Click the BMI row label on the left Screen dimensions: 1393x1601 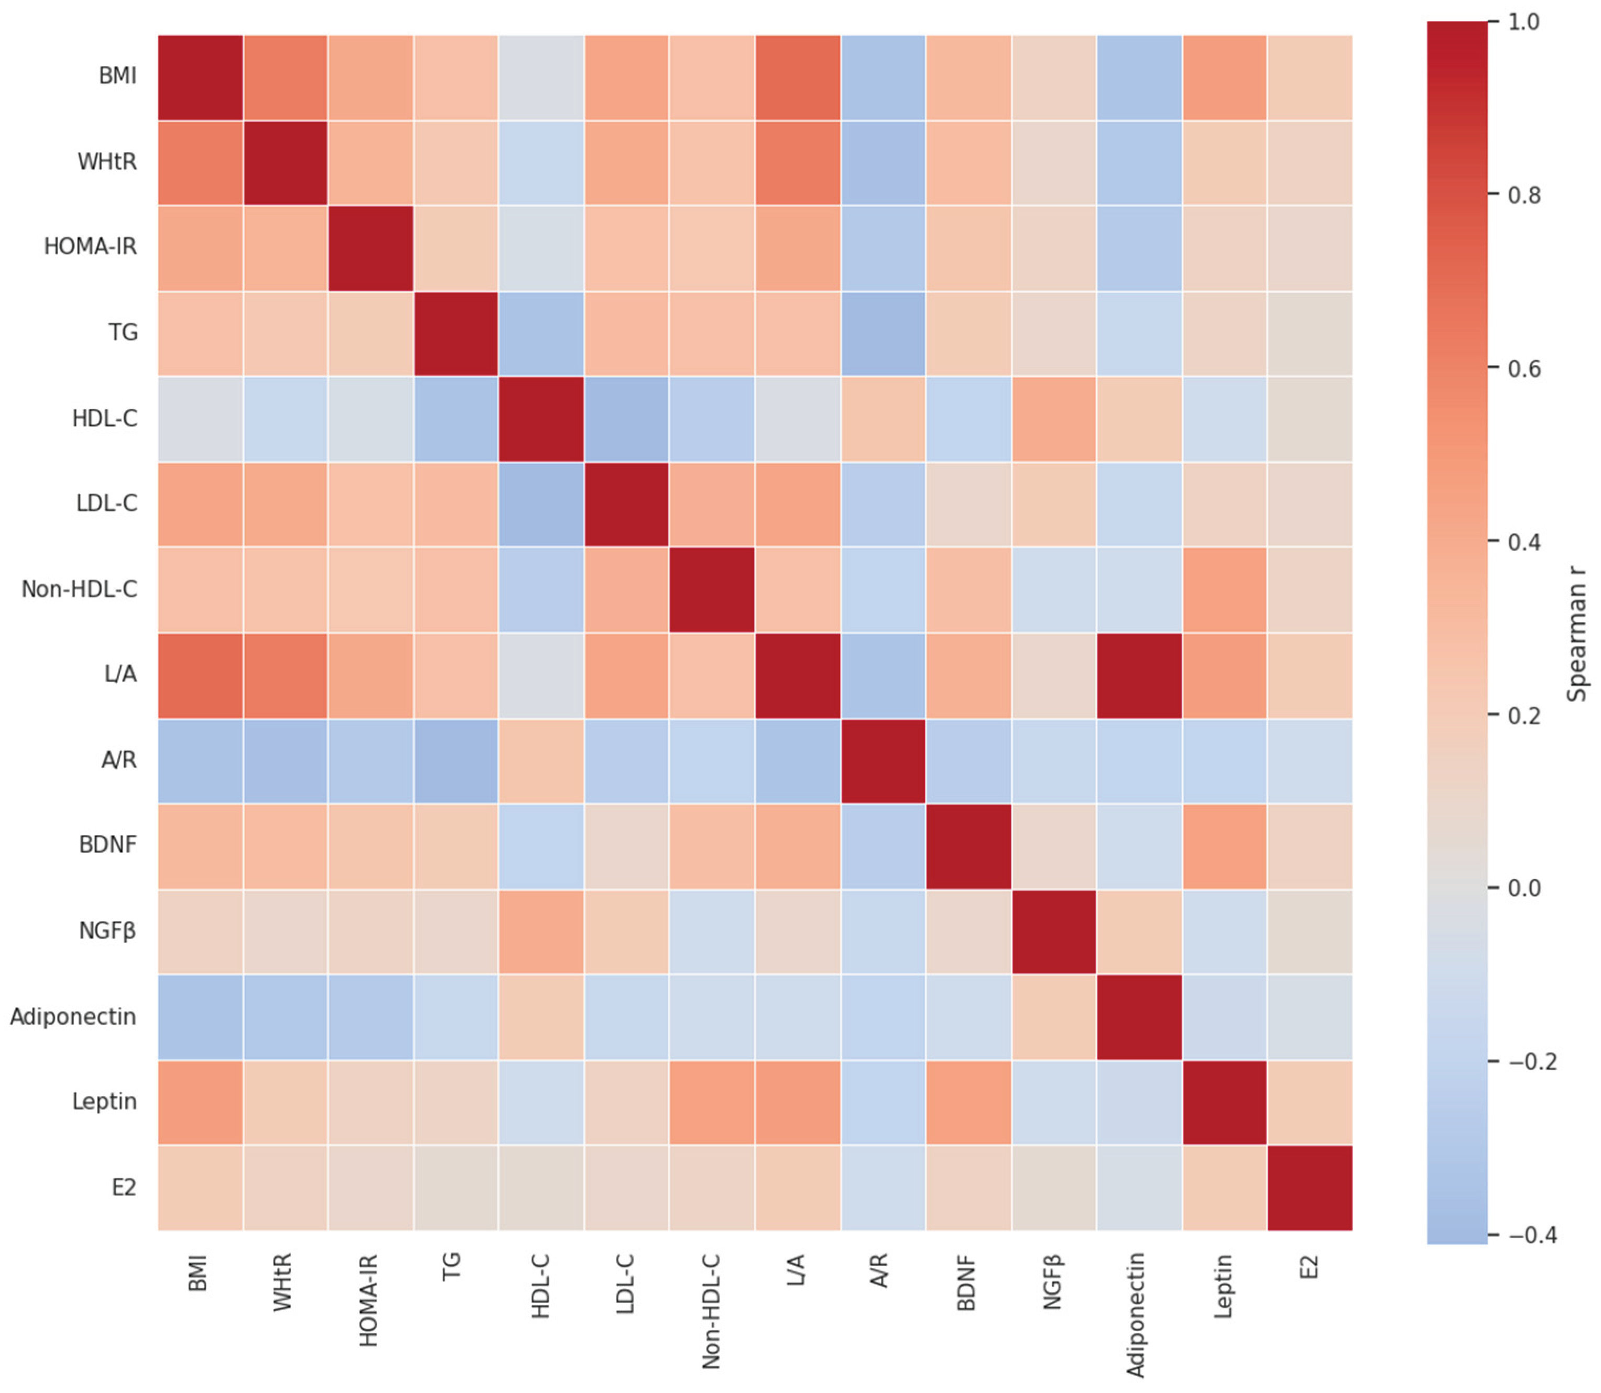pos(117,76)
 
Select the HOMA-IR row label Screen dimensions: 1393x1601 pos(90,247)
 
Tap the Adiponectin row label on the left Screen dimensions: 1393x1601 pos(73,1017)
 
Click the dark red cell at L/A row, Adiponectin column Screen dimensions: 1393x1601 pos(1139,675)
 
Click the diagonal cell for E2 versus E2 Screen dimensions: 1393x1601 pos(1310,1187)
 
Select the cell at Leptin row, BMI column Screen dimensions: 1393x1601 pos(201,1102)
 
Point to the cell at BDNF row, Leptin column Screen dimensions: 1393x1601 pos(1224,846)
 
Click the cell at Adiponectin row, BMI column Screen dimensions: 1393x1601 pos(201,1017)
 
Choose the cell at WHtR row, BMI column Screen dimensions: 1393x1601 pos(201,162)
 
